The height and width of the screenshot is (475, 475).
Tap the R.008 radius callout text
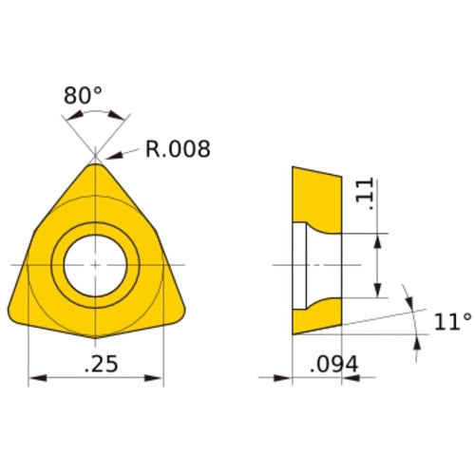coord(177,149)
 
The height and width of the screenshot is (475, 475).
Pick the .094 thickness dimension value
coord(334,362)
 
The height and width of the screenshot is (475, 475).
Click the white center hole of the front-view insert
coord(95,262)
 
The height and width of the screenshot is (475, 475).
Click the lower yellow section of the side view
coord(317,315)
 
